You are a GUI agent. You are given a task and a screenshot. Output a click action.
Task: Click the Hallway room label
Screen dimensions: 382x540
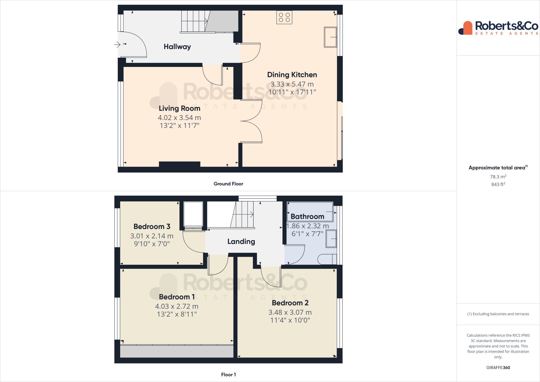pyautogui.click(x=177, y=47)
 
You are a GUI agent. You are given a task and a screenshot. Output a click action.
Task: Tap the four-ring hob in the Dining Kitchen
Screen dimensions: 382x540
pyautogui.click(x=284, y=17)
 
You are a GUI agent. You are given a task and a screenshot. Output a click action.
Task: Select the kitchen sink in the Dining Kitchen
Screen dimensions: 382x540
pyautogui.click(x=330, y=37)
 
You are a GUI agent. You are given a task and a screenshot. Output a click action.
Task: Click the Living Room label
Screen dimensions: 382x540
pyautogui.click(x=179, y=108)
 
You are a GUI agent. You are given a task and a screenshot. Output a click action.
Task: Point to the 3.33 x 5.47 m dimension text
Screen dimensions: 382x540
pyautogui.click(x=292, y=84)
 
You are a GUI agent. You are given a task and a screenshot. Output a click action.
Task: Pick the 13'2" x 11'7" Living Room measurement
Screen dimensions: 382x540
pyautogui.click(x=179, y=126)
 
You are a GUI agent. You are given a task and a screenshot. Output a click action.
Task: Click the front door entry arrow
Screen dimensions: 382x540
pyautogui.click(x=117, y=45)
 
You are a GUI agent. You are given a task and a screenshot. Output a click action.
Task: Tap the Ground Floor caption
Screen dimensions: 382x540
pyautogui.click(x=228, y=184)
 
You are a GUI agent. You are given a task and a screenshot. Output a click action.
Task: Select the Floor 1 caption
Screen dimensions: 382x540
pyautogui.click(x=228, y=375)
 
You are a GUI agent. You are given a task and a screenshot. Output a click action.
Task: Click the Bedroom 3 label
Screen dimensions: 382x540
pyautogui.click(x=152, y=227)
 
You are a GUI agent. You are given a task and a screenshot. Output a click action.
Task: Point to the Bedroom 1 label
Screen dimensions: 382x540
pyautogui.click(x=177, y=297)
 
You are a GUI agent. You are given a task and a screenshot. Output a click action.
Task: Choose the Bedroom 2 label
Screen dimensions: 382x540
pyautogui.click(x=290, y=303)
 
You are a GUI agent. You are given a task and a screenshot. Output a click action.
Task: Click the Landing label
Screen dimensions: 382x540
pyautogui.click(x=241, y=242)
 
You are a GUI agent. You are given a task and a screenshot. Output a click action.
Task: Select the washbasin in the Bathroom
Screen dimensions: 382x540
pyautogui.click(x=331, y=239)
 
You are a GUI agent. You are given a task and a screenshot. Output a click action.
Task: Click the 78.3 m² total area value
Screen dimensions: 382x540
pyautogui.click(x=498, y=177)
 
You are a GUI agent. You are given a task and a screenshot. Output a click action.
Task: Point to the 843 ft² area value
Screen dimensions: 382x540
pyautogui.click(x=498, y=184)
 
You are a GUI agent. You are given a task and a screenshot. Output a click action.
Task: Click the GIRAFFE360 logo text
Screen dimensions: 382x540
pyautogui.click(x=498, y=367)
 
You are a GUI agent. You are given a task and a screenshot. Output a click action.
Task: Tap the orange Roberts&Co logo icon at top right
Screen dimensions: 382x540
pyautogui.click(x=466, y=28)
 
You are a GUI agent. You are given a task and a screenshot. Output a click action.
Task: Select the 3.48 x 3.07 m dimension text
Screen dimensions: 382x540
pyautogui.click(x=290, y=312)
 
